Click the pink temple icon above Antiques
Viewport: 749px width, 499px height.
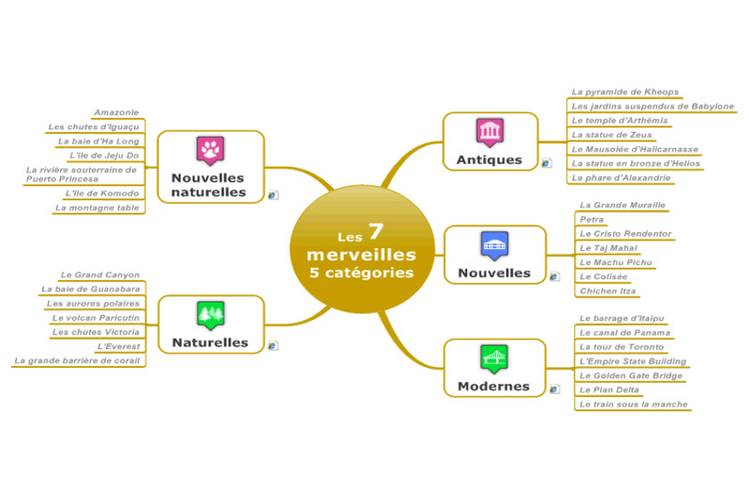[489, 132]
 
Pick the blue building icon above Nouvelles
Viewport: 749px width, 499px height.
[492, 245]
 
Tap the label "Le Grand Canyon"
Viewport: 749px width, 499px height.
[100, 275]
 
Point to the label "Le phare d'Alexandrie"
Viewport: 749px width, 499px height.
[621, 178]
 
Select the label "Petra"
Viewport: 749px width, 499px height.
[592, 219]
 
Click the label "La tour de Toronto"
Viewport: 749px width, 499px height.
[622, 346]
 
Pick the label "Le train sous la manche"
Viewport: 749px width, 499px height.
[634, 404]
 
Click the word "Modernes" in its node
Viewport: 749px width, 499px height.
[493, 386]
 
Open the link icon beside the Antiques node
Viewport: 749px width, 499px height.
[546, 163]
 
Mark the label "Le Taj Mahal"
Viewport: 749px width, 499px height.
[609, 248]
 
